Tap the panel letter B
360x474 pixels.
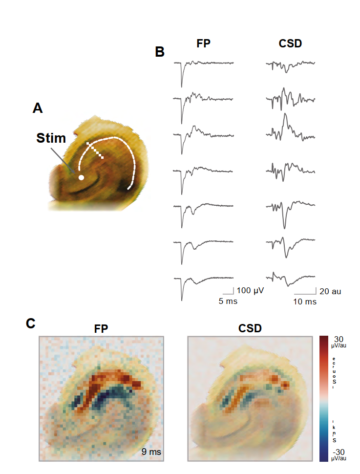pos(160,51)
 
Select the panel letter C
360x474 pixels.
pos(31,323)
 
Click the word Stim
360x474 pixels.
pos(51,138)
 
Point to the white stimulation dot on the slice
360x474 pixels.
pos(82,177)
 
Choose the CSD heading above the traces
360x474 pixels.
pos(290,43)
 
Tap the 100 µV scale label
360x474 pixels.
pos(251,291)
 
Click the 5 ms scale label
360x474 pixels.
pos(228,302)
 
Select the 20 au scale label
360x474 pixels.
pos(330,291)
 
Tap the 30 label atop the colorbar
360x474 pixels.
pos(339,339)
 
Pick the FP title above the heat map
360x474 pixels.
pos(101,329)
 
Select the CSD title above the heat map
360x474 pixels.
pos(250,329)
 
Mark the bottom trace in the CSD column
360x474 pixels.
pos(291,279)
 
